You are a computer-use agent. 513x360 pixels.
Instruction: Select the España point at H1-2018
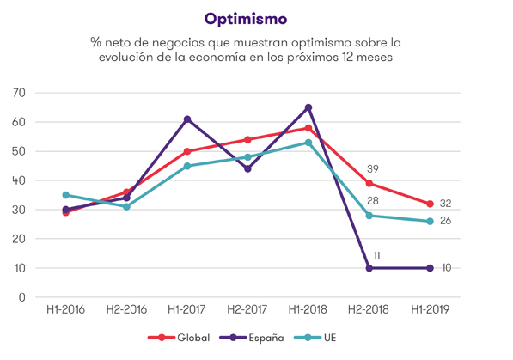[x=308, y=107]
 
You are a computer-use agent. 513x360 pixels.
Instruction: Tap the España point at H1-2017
[x=186, y=119]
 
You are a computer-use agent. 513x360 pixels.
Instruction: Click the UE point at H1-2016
[x=65, y=195]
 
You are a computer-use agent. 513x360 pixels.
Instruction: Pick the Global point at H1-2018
[x=308, y=128]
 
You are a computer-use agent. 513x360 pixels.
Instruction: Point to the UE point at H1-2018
[x=308, y=143]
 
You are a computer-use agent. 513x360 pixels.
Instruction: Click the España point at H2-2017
[x=247, y=168]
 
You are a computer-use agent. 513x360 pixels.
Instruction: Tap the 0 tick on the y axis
[x=24, y=297]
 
